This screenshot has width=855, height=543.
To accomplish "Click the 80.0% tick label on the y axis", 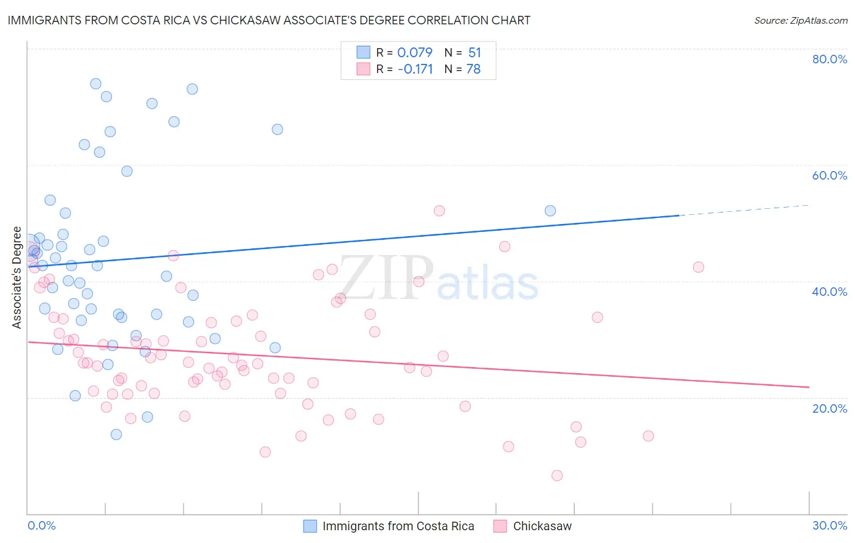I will [x=829, y=59].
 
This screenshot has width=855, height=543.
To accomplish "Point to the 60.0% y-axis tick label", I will [x=829, y=175].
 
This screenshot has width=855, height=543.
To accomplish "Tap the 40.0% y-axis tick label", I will [x=829, y=292].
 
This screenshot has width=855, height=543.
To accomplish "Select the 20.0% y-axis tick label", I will [x=829, y=408].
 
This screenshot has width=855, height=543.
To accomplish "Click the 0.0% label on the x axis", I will [x=41, y=525].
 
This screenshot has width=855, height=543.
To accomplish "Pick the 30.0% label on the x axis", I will [x=829, y=525].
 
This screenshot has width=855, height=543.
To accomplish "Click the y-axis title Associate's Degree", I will [x=17, y=278].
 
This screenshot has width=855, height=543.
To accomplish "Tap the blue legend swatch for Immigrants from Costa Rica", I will [x=310, y=526].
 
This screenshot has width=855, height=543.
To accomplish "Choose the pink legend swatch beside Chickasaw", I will [x=500, y=526].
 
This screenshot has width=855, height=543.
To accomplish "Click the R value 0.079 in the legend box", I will [x=415, y=52].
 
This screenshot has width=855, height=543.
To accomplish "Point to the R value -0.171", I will [x=415, y=69].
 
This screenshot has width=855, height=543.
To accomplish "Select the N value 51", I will [x=474, y=52].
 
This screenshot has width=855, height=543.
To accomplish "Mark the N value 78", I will [x=473, y=69].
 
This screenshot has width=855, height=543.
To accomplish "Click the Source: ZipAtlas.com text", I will [x=800, y=21].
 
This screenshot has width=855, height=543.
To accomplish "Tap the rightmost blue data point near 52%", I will [x=550, y=211].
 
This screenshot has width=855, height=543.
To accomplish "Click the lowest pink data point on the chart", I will [x=557, y=475].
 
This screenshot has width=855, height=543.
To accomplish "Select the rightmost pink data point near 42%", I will [x=699, y=267].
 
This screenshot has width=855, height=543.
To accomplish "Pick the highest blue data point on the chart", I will [x=95, y=84].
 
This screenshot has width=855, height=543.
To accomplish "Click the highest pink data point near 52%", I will [x=439, y=211].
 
